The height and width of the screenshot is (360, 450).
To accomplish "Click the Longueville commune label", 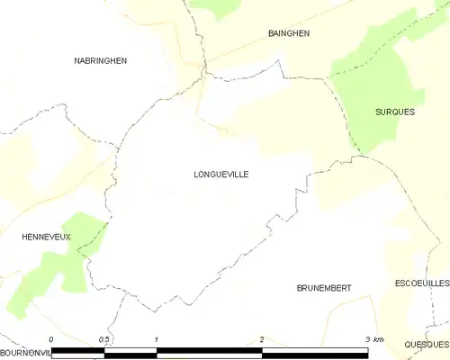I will (220, 176).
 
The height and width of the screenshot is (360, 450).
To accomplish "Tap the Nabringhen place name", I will (100, 60).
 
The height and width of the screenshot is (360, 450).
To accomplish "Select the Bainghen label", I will (289, 33).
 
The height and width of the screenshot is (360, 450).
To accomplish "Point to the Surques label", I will (395, 112).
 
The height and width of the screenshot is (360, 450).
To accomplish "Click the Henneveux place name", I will (46, 237).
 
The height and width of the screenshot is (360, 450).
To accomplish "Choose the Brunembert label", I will (323, 288).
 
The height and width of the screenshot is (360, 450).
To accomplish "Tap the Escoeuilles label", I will (421, 283).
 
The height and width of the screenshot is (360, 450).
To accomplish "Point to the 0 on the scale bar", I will (51, 338).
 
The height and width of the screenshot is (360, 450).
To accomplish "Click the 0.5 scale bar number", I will (104, 338).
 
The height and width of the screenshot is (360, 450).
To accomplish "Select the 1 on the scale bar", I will (157, 338).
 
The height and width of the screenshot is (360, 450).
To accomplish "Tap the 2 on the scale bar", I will (262, 338).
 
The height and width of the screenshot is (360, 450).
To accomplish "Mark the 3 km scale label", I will (373, 338).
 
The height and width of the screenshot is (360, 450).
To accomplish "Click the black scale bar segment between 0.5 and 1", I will (130, 352).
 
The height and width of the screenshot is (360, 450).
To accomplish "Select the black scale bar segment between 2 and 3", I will (315, 352).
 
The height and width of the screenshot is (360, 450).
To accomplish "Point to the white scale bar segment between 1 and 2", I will (210, 352).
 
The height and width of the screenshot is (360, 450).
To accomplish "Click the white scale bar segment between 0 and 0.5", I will (78, 352).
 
